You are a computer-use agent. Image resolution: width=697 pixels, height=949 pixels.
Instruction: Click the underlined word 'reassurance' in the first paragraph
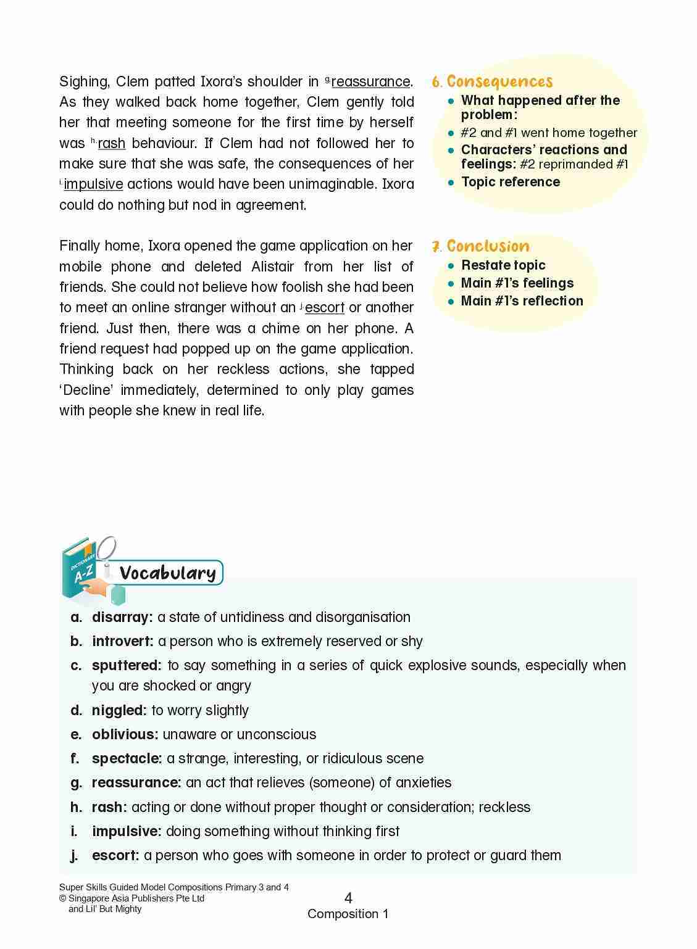point(370,82)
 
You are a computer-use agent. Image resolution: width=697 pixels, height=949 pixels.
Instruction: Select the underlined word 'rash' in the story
point(112,144)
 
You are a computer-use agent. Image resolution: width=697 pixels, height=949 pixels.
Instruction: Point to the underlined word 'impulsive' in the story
point(93,184)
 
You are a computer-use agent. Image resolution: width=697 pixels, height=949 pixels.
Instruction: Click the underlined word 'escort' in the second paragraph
point(325,308)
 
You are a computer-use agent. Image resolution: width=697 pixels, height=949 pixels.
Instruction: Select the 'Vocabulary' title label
point(167,573)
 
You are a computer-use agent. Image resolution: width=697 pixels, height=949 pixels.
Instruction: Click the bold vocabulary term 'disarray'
point(122,617)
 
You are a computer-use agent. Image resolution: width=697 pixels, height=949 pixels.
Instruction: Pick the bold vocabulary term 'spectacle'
point(127,758)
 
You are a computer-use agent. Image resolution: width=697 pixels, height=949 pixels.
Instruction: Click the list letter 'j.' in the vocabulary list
point(75,855)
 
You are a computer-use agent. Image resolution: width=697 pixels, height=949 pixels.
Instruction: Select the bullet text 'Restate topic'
point(503,265)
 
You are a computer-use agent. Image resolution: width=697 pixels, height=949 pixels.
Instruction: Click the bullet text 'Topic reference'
point(511,182)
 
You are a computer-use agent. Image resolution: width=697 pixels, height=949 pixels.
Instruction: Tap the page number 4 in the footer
point(348,898)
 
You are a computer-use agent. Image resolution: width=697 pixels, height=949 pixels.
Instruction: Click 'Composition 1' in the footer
point(348,914)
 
